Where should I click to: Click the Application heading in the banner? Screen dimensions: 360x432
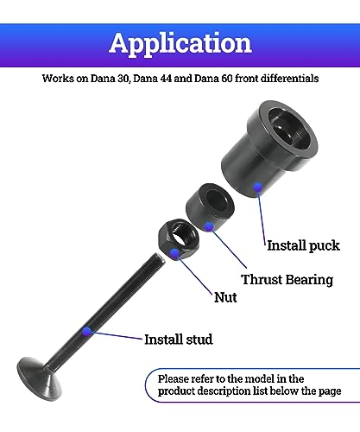[180, 43]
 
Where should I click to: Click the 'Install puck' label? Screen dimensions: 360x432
[303, 245]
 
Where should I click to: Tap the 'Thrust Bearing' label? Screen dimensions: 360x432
[287, 280]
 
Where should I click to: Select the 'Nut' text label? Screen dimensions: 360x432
[225, 297]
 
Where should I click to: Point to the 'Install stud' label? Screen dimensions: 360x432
[179, 340]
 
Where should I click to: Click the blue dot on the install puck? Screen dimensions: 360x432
[258, 187]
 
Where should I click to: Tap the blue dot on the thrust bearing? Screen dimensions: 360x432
[209, 226]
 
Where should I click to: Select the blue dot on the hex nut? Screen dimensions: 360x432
[174, 253]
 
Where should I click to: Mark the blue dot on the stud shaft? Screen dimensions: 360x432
[86, 332]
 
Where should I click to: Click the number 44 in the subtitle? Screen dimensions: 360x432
[166, 79]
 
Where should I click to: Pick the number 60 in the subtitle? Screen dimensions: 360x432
[227, 79]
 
